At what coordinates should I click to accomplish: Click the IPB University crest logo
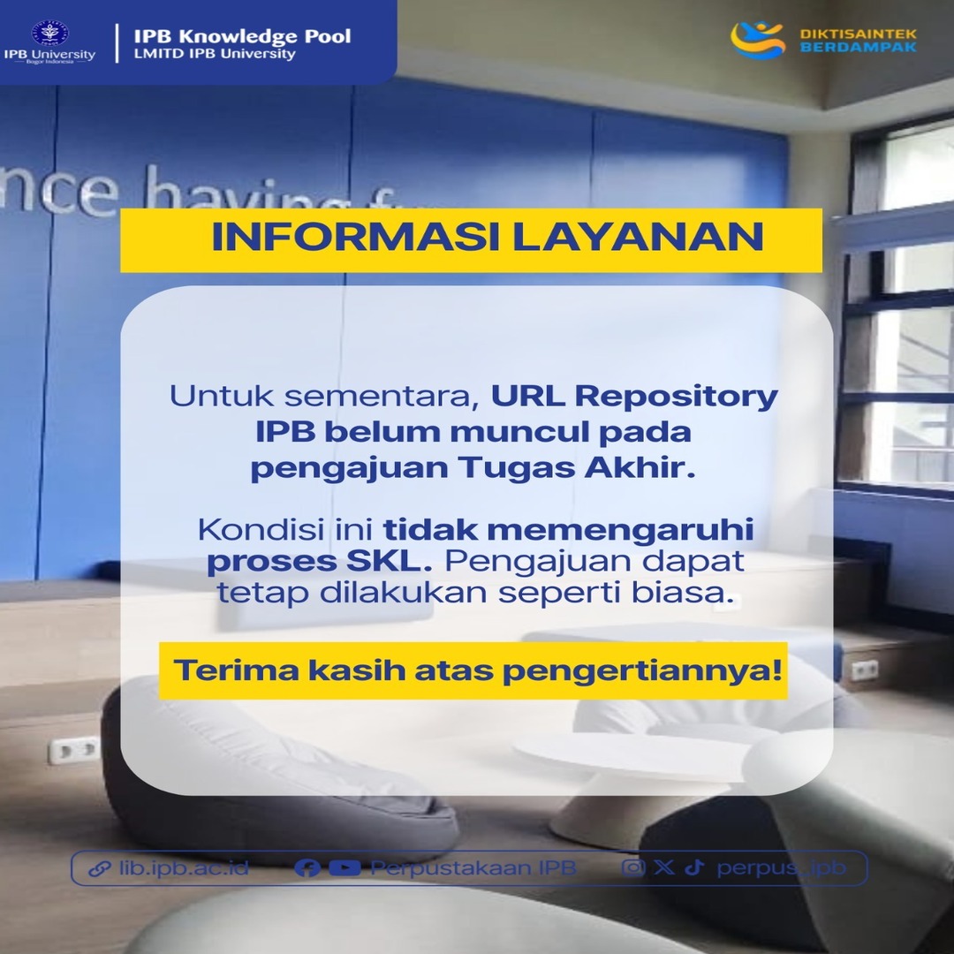[49, 33]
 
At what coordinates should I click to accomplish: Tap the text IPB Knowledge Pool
[242, 36]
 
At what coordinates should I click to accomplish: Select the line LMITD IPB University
[215, 54]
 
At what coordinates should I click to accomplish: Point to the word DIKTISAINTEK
[858, 34]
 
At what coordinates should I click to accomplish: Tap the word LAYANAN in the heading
[639, 237]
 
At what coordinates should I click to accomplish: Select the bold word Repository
[677, 397]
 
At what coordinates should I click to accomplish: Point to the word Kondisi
[261, 529]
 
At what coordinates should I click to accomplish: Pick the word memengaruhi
[621, 531]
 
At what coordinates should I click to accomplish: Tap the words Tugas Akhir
[576, 468]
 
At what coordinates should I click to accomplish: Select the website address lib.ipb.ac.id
[184, 867]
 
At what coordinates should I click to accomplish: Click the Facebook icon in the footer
[307, 867]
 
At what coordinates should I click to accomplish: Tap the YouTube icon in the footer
[345, 867]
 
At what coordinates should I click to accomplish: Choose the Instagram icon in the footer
[633, 867]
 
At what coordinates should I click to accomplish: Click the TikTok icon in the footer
[694, 867]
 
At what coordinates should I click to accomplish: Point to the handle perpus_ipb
[781, 868]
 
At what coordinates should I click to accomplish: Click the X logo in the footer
[664, 867]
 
